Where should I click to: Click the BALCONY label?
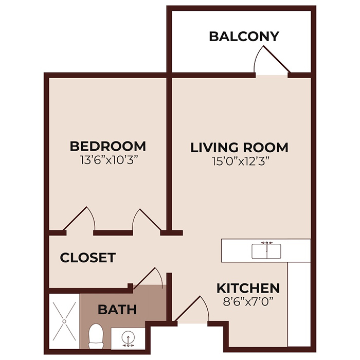[x=244, y=37]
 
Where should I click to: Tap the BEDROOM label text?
[x=107, y=146]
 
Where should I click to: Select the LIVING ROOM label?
[x=239, y=148]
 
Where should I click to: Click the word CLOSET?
[x=87, y=258]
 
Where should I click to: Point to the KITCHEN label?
[x=248, y=288]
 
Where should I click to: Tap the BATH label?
[x=117, y=310]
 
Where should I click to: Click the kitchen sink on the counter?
[x=266, y=251]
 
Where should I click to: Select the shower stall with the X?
[x=64, y=320]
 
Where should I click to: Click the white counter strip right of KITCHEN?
[x=299, y=303]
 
